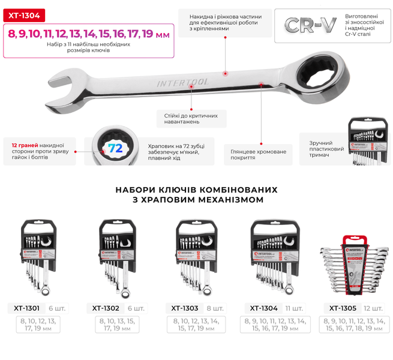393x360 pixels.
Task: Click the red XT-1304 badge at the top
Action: pos(24,16)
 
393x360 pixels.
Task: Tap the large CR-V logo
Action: pos(310,25)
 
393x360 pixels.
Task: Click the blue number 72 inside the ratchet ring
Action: pos(115,148)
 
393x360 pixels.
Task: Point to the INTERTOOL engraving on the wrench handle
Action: pos(182,83)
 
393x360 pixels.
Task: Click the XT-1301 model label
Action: pos(26,308)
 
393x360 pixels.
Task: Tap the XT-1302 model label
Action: pos(106,308)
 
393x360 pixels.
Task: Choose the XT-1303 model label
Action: pos(185,308)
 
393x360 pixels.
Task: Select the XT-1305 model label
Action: pos(343,308)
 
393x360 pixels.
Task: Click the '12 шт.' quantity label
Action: pos(373,308)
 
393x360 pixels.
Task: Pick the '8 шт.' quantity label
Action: pos(215,308)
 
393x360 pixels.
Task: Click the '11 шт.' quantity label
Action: pos(294,308)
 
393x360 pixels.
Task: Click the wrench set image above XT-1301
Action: pos(38,257)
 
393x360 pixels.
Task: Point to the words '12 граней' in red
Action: pos(25,145)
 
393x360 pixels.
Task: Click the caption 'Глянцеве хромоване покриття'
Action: pos(259,155)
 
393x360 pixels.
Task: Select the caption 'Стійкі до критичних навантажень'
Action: pos(191,119)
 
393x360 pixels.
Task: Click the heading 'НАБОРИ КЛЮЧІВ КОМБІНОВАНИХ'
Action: pos(197,190)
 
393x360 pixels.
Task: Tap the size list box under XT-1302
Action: pos(117,325)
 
